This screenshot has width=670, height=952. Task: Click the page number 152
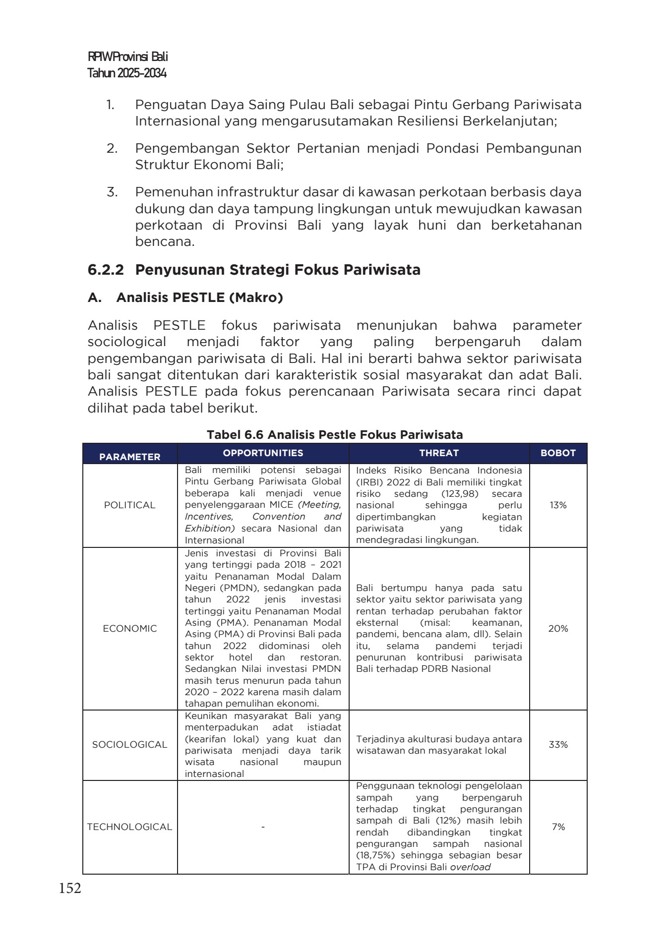point(70,888)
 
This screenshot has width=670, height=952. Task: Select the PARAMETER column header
point(129,457)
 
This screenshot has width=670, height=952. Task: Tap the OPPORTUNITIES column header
point(263,453)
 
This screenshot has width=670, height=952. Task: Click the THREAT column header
point(439,453)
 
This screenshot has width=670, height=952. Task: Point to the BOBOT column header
point(558,453)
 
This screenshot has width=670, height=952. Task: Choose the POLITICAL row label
point(129,505)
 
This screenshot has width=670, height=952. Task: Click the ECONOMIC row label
point(129,628)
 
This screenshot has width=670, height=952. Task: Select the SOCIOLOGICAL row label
point(129,744)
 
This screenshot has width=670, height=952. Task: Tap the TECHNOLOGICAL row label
point(129,827)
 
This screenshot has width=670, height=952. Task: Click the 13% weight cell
point(558,505)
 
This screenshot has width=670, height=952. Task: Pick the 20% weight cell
point(558,628)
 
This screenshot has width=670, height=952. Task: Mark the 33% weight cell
point(558,744)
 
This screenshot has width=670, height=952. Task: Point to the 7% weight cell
point(558,827)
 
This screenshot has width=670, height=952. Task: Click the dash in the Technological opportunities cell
point(263,827)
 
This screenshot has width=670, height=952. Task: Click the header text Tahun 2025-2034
point(127,73)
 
